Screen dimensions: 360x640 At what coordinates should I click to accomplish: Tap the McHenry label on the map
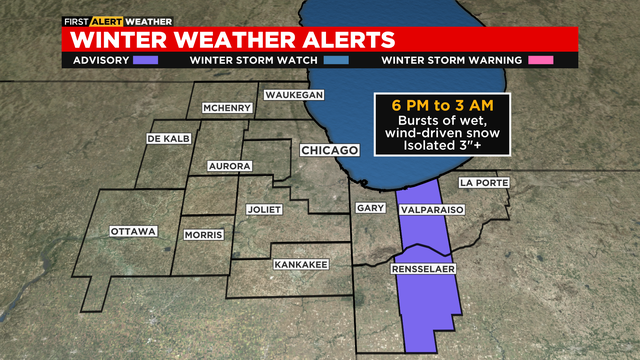pos(226,108)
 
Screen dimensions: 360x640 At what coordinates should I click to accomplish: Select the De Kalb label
pos(168,138)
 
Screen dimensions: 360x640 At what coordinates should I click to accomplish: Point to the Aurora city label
pos(229,166)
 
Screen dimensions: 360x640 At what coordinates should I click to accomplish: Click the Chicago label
pos(329,150)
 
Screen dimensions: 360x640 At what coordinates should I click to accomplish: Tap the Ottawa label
pos(134,232)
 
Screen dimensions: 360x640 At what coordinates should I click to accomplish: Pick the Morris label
pos(203,236)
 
